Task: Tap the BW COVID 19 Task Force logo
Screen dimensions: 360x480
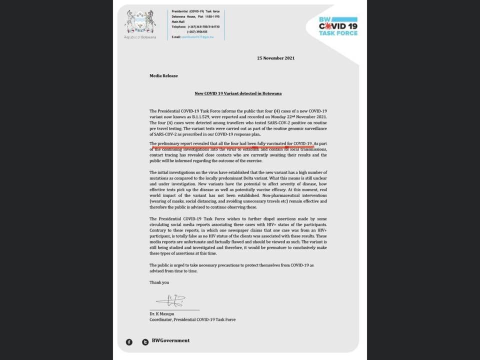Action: pos(338,26)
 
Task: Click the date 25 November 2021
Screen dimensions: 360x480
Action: pos(275,58)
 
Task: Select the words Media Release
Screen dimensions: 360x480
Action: pos(163,76)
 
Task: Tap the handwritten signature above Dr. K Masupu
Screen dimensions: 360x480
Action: pos(170,300)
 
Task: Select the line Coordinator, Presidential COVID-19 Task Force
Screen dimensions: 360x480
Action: pos(192,319)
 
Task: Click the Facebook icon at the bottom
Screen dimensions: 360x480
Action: pos(129,341)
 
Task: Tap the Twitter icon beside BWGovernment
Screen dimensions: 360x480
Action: pos(145,341)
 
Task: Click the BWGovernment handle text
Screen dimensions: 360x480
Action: pos(170,341)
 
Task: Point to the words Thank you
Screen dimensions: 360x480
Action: pos(159,282)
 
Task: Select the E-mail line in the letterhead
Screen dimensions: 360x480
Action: pos(195,37)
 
